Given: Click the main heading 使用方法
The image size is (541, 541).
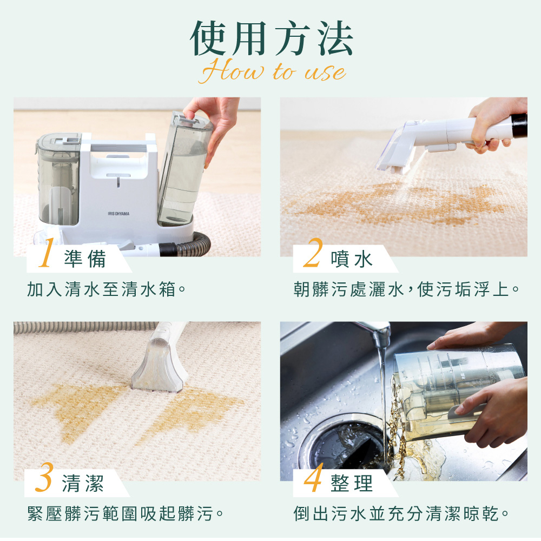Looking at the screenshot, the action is coord(271,38).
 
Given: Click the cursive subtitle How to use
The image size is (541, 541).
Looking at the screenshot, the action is coord(273,71).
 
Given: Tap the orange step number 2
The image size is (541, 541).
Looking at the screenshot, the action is coord(313,253).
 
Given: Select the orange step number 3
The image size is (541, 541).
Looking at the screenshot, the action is coord(44,477).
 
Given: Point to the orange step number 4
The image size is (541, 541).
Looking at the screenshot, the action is coord(313,477).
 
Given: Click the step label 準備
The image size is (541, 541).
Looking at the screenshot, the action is coord(85,259).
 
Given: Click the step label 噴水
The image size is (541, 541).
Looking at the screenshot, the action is coord(352,259).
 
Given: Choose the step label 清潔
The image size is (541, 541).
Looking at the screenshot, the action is coord(83,483).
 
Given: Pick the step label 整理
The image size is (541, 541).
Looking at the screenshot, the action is coord(352,483).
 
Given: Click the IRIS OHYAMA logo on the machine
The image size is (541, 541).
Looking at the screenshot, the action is coord(118,214).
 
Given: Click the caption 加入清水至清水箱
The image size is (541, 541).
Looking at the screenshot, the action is coord(107,289).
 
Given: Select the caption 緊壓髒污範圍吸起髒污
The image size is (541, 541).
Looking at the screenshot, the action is coord(126,514).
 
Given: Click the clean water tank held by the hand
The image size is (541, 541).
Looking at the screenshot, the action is coord(184,169).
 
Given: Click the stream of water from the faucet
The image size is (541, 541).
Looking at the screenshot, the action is coord(382,397).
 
